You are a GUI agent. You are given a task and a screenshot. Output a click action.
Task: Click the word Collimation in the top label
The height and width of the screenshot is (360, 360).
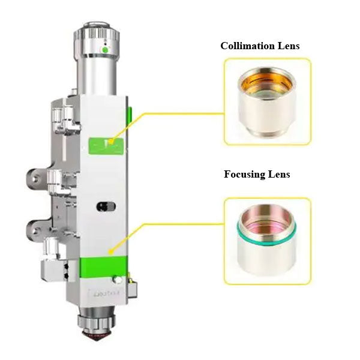pos(247,46)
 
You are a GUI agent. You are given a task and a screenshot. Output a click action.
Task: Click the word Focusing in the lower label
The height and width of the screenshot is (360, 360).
pos(245,174)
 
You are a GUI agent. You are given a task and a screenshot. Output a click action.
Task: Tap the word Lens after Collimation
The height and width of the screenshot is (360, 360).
pos(287,46)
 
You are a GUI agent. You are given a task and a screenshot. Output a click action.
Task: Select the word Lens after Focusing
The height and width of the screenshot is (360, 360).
pos(278,174)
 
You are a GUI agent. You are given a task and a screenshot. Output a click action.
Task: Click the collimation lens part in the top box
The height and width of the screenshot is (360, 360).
pos(268,100)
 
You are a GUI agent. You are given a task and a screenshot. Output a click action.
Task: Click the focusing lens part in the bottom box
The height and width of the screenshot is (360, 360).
pos(268,240)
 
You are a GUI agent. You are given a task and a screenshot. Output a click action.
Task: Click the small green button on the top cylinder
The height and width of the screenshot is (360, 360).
pos(104,50)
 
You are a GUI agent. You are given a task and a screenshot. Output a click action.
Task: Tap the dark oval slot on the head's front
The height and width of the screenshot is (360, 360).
pos(106,206)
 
